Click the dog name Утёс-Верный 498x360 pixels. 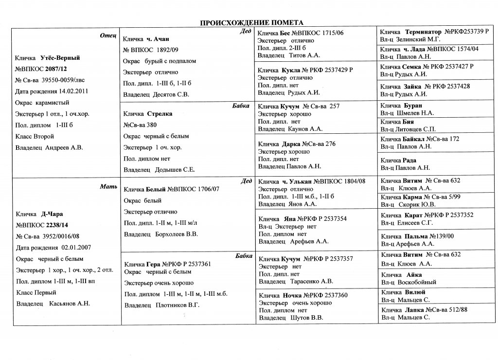pos(60,58)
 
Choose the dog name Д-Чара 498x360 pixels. pos(52,214)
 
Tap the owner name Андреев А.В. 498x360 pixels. pos(64,147)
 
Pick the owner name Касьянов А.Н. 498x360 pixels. pos(70,304)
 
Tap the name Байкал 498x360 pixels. pos(414,139)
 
